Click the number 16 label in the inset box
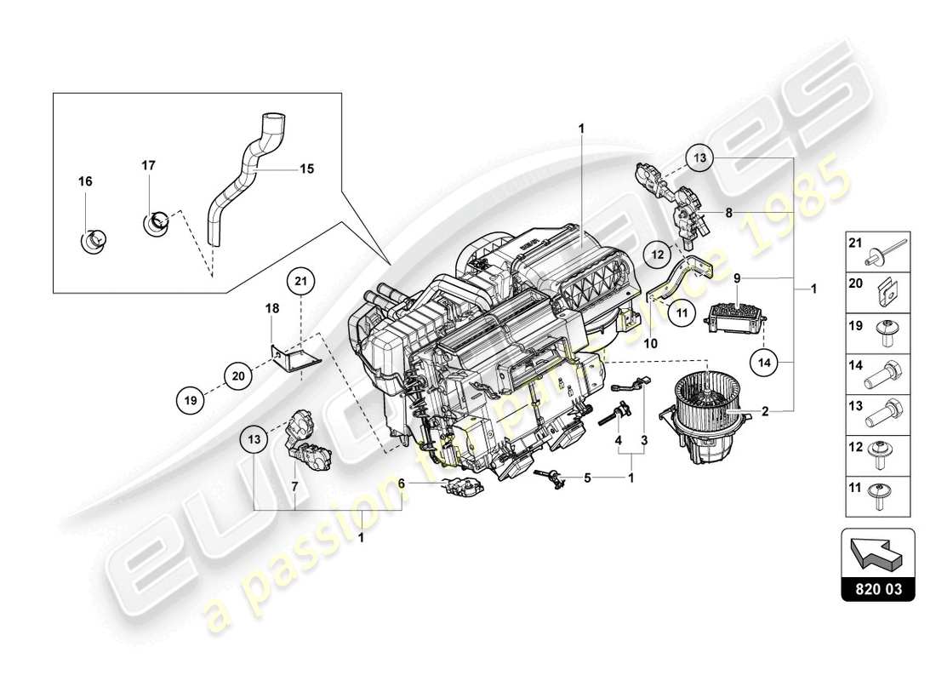(85, 181)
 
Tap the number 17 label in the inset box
(148, 165)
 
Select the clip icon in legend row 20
(878, 291)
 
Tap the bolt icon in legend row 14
(878, 373)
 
